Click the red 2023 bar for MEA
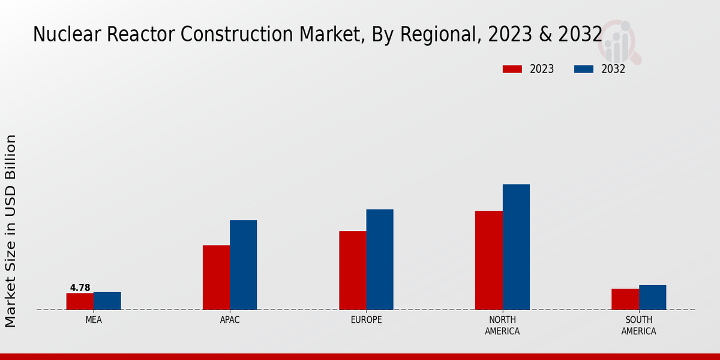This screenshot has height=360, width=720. pyautogui.click(x=80, y=301)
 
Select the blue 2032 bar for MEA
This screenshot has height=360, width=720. pyautogui.click(x=107, y=301)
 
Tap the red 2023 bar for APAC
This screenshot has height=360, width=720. pyautogui.click(x=216, y=277)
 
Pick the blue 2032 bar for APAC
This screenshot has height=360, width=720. pyautogui.click(x=243, y=265)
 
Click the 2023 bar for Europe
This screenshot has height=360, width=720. pyautogui.click(x=352, y=270)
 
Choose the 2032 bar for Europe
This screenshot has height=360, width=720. pyautogui.click(x=380, y=259)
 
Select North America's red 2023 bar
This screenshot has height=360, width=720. pyautogui.click(x=488, y=260)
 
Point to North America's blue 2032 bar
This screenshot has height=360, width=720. pyautogui.click(x=516, y=247)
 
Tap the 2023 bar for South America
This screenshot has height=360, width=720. pyautogui.click(x=625, y=299)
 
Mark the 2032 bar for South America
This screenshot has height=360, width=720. pyautogui.click(x=652, y=297)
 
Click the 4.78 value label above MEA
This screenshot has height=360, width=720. pyautogui.click(x=80, y=288)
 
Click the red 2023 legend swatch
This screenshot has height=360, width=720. pyautogui.click(x=512, y=69)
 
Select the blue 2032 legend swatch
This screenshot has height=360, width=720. pyautogui.click(x=583, y=69)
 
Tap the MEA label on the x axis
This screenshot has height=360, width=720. pyautogui.click(x=94, y=320)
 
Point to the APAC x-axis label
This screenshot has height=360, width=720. pyautogui.click(x=230, y=320)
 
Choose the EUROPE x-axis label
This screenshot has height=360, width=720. pyautogui.click(x=366, y=320)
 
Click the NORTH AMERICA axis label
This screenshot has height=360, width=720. pyautogui.click(x=502, y=325)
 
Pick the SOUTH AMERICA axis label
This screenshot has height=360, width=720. pyautogui.click(x=638, y=325)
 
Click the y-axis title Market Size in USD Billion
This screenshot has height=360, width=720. pyautogui.click(x=11, y=231)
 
